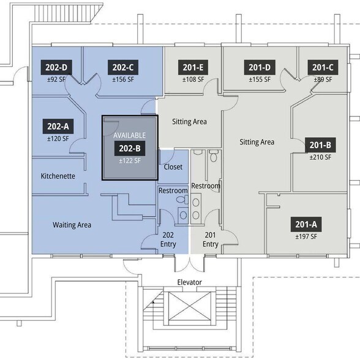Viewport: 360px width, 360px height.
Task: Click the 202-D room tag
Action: pyautogui.click(x=56, y=67)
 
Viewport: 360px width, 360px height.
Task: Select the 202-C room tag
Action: pyautogui.click(x=123, y=67)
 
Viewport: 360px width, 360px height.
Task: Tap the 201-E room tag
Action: pyautogui.click(x=193, y=67)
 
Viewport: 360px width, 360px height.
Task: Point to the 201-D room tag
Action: pyautogui.click(x=260, y=67)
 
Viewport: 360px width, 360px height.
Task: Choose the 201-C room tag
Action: pyautogui.click(x=323, y=67)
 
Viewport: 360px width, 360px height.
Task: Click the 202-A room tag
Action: pyautogui.click(x=58, y=126)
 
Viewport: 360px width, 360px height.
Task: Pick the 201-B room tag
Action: pyautogui.click(x=320, y=145)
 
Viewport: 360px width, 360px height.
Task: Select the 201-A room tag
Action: pyautogui.click(x=306, y=224)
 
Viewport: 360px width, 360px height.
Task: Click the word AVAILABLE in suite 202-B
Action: pyautogui.click(x=130, y=135)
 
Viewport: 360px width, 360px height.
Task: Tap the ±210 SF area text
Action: pyautogui.click(x=320, y=157)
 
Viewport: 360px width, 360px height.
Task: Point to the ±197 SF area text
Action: pyautogui.click(x=306, y=236)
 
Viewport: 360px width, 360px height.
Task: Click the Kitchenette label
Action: pyautogui.click(x=58, y=176)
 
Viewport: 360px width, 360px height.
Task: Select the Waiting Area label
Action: pyautogui.click(x=72, y=225)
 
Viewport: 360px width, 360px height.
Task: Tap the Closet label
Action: pyautogui.click(x=173, y=167)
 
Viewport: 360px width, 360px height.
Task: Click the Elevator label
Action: pyautogui.click(x=189, y=282)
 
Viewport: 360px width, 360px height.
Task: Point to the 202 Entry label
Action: pyautogui.click(x=168, y=239)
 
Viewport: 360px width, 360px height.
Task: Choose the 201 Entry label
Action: pyautogui.click(x=211, y=239)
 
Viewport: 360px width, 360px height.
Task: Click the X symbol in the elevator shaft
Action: pyautogui.click(x=190, y=306)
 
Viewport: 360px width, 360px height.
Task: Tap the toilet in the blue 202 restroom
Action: pyautogui.click(x=182, y=200)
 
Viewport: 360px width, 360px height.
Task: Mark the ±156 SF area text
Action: pyautogui.click(x=123, y=80)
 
